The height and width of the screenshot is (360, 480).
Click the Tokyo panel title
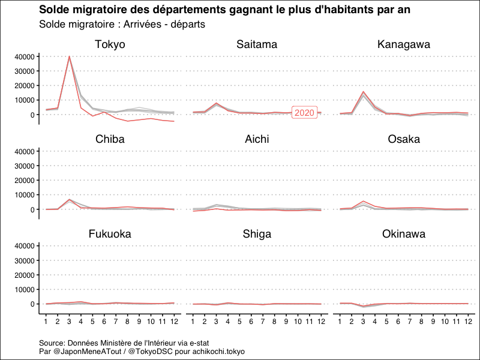[x=110, y=44]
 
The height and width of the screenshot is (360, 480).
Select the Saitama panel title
[x=257, y=44]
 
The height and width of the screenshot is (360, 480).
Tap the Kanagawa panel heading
[x=404, y=44]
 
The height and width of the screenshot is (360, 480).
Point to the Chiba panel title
[x=110, y=139]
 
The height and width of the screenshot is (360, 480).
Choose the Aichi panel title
[x=257, y=139]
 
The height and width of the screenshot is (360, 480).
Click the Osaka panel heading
[x=404, y=139]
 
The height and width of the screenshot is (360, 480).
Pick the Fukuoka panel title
[x=110, y=234]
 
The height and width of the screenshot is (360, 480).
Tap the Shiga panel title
[x=257, y=234]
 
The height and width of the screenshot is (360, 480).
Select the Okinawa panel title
[x=404, y=234]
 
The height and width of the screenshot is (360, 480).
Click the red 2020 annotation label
[x=304, y=113]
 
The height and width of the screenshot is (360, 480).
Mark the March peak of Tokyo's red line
[x=69, y=57]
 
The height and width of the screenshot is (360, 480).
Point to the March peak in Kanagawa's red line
[x=363, y=92]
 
